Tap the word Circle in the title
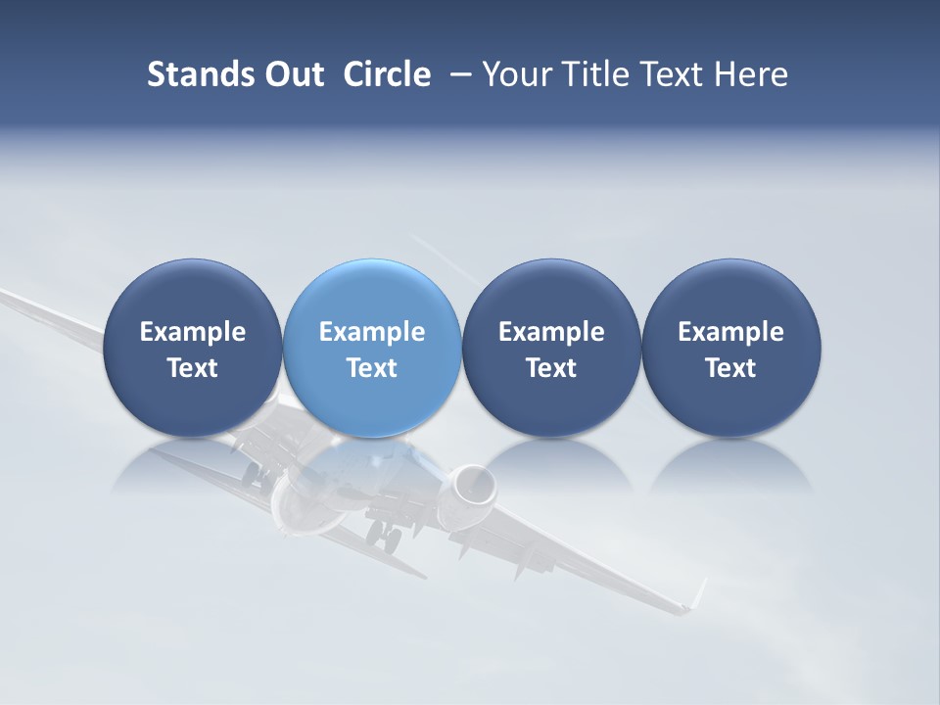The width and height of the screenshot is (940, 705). (387, 74)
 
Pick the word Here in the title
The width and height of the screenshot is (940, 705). (751, 74)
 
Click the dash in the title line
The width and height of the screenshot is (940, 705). (457, 75)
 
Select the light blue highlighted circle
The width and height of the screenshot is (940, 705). (372, 348)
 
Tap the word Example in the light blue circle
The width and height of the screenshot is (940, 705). (372, 332)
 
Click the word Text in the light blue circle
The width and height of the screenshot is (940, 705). (372, 368)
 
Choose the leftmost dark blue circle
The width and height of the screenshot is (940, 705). (193, 348)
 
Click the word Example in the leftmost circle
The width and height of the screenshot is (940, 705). (193, 332)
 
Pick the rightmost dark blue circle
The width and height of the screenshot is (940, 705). (731, 348)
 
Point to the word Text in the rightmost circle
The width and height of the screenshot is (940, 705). (731, 368)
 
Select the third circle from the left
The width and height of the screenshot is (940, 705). (551, 348)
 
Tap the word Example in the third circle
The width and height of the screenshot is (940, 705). (551, 332)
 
